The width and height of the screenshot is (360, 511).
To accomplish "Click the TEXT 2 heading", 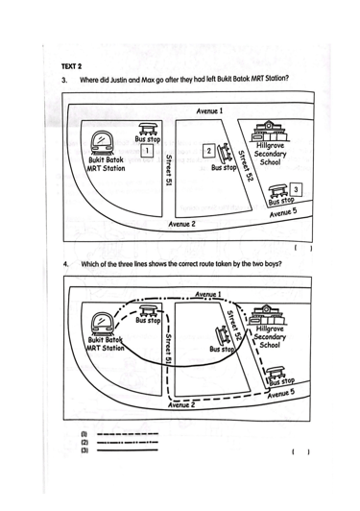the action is click(71, 66).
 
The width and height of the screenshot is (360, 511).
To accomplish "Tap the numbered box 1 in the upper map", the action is click(147, 151).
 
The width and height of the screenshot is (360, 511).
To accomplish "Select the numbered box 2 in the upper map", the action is click(209, 150).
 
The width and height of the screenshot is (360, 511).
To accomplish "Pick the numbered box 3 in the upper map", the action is click(296, 189).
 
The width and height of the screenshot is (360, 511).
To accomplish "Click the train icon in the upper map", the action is click(102, 143).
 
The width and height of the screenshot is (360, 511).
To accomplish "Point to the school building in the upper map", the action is click(268, 131).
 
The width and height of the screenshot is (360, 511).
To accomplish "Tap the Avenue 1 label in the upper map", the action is click(209, 111).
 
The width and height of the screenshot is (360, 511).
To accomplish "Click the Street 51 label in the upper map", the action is click(168, 170).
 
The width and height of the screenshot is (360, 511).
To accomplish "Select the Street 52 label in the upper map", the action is click(246, 166).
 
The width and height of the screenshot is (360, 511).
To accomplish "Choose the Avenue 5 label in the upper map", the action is click(283, 212).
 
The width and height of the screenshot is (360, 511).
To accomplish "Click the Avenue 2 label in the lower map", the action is click(181, 404).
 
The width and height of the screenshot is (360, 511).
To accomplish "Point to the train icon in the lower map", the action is click(103, 324).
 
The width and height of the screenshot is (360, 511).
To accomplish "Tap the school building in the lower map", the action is click(267, 315).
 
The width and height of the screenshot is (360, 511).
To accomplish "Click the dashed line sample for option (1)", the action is click(128, 434).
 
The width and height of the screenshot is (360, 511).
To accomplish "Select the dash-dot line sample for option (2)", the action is click(128, 442).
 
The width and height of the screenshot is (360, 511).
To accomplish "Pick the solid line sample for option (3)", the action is click(128, 450).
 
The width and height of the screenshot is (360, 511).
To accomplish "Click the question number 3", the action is click(64, 80).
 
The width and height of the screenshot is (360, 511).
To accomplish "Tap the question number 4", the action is click(66, 264).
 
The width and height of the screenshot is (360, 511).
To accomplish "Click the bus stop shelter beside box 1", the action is click(149, 129).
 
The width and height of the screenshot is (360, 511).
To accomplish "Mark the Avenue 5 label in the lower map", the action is click(281, 394).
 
